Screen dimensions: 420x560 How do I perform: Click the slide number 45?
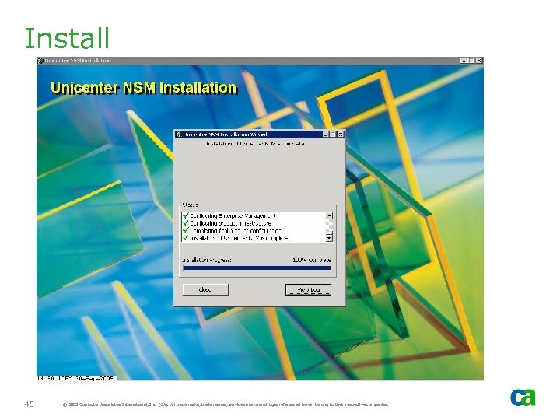tap(29, 404)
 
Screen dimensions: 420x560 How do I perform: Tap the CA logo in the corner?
tap(523, 397)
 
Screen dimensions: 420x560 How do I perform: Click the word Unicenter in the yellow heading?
tap(83, 88)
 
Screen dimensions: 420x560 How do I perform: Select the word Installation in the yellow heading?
tap(198, 88)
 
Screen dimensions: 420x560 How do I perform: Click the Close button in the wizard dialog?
tap(205, 289)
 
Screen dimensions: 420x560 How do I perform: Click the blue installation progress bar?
tap(256, 268)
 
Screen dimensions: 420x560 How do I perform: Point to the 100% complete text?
tap(312, 259)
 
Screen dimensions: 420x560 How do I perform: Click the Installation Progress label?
tap(206, 259)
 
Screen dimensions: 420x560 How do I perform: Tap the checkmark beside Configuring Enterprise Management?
tap(185, 215)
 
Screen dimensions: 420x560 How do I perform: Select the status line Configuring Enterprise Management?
tap(233, 215)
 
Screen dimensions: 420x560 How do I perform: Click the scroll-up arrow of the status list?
tap(329, 215)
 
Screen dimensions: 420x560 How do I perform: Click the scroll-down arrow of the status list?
tap(329, 238)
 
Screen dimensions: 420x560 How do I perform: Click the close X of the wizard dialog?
tap(340, 135)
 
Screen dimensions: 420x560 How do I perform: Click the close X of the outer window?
tap(479, 61)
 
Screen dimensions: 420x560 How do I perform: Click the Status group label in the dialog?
tap(190, 206)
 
